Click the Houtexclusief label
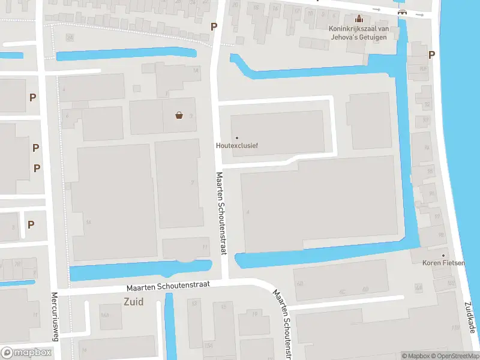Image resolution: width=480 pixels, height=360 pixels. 236,145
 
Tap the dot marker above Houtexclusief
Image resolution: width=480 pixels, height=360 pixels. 236,138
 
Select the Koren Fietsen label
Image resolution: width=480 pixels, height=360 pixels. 443,263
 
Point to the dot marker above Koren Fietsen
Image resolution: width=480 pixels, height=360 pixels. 443,256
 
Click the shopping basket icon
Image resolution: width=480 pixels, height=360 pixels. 179,115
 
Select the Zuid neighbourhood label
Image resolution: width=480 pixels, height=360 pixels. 133,302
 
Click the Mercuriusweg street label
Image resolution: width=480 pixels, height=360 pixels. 54,317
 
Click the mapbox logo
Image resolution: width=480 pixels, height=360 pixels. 26,353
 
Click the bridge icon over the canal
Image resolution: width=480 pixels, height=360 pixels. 402,13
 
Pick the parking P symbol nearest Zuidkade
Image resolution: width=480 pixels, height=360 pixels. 431,55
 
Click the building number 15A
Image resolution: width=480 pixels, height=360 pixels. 208,345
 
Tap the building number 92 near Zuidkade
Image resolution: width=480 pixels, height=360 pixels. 427,104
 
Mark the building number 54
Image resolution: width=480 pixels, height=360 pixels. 88,222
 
